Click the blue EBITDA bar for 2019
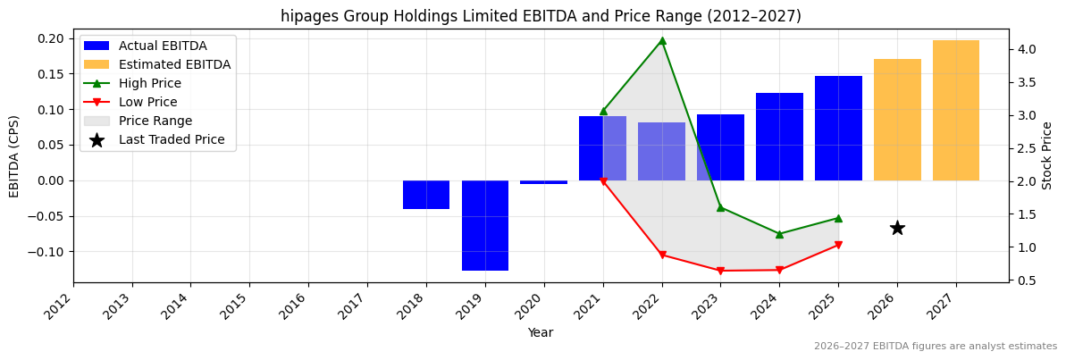pos(484,225)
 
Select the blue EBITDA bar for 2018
pos(426,195)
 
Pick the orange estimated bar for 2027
pos(955,110)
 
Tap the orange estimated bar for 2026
pos(897,120)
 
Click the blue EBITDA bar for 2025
pos(838,128)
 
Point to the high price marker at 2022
pos(662,40)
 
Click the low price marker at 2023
pos(720,271)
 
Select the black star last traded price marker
pos(897,228)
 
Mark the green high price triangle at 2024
pos(779,234)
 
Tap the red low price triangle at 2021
pos(603,181)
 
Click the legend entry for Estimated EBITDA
pos(174,64)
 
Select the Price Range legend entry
pos(155,121)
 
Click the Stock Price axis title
pos(1047,155)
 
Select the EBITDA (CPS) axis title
pos(14,155)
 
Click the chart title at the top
pos(541,16)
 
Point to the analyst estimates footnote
pos(935,346)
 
